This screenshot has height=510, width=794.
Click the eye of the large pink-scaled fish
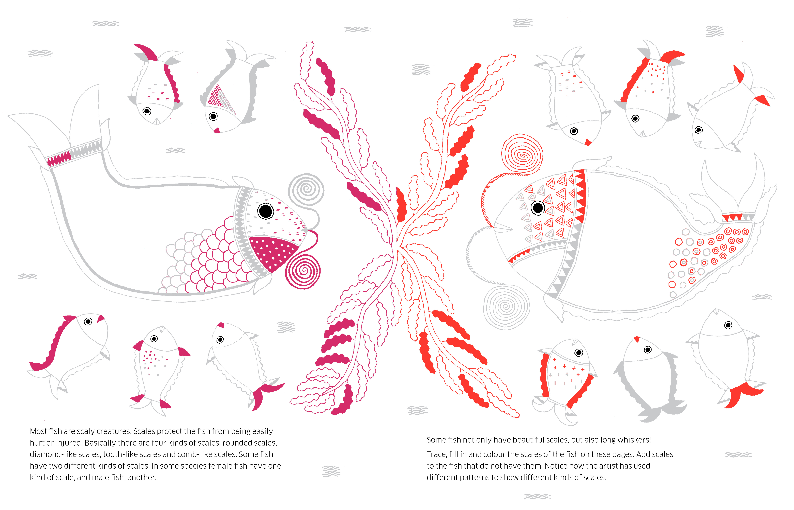[x=266, y=211]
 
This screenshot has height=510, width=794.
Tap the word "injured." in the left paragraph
[x=69, y=443]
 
